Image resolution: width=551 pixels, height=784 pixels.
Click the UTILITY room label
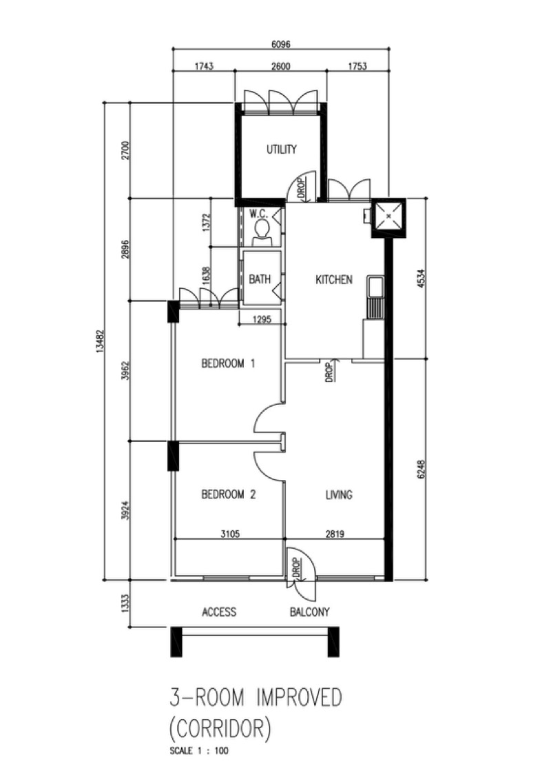tap(281, 149)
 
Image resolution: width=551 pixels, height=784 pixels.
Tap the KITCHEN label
tap(333, 279)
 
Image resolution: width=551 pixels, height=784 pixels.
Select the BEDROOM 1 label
tap(228, 363)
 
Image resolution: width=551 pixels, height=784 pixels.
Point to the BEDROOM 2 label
tap(228, 494)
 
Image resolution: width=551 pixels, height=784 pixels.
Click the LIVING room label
tap(339, 494)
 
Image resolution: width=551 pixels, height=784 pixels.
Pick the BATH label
tap(260, 279)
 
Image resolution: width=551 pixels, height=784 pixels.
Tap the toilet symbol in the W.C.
tap(262, 232)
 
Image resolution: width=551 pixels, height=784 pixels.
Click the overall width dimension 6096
tap(281, 44)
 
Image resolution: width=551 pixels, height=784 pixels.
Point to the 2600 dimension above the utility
tap(281, 66)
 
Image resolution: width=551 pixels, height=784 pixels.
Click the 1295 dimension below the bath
tap(262, 319)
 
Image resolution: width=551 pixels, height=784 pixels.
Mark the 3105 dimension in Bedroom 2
tap(230, 534)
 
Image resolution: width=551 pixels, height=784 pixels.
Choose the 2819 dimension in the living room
tap(335, 534)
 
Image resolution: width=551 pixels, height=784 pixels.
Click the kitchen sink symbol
tap(374, 286)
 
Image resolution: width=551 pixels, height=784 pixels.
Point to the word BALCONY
tap(310, 612)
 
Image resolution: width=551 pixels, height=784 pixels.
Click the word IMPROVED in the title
tap(299, 697)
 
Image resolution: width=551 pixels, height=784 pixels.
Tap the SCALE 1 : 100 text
tap(199, 750)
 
